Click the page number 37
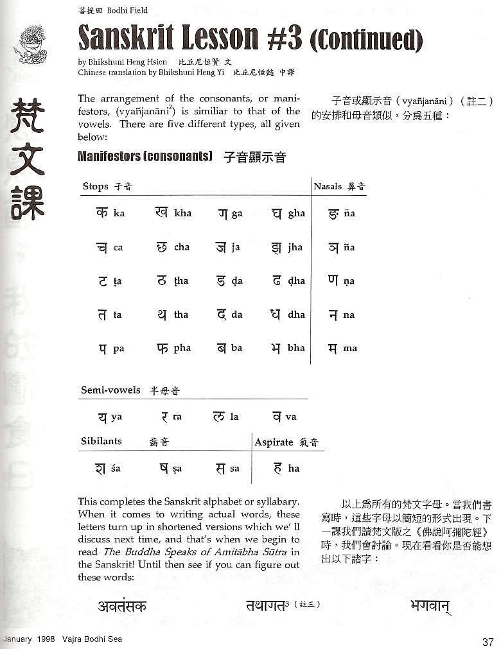(x=488, y=641)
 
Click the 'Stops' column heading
(x=95, y=187)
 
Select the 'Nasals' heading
(x=328, y=187)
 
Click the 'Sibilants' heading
(x=101, y=442)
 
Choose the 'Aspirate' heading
(x=274, y=442)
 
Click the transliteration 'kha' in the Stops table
(x=182, y=213)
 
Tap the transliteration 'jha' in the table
(x=295, y=247)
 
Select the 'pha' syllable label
(x=182, y=349)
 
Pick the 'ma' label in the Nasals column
(x=350, y=349)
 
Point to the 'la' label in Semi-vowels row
(x=234, y=417)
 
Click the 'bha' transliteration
(x=296, y=349)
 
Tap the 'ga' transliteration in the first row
(x=237, y=213)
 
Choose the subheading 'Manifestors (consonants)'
(x=145, y=156)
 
